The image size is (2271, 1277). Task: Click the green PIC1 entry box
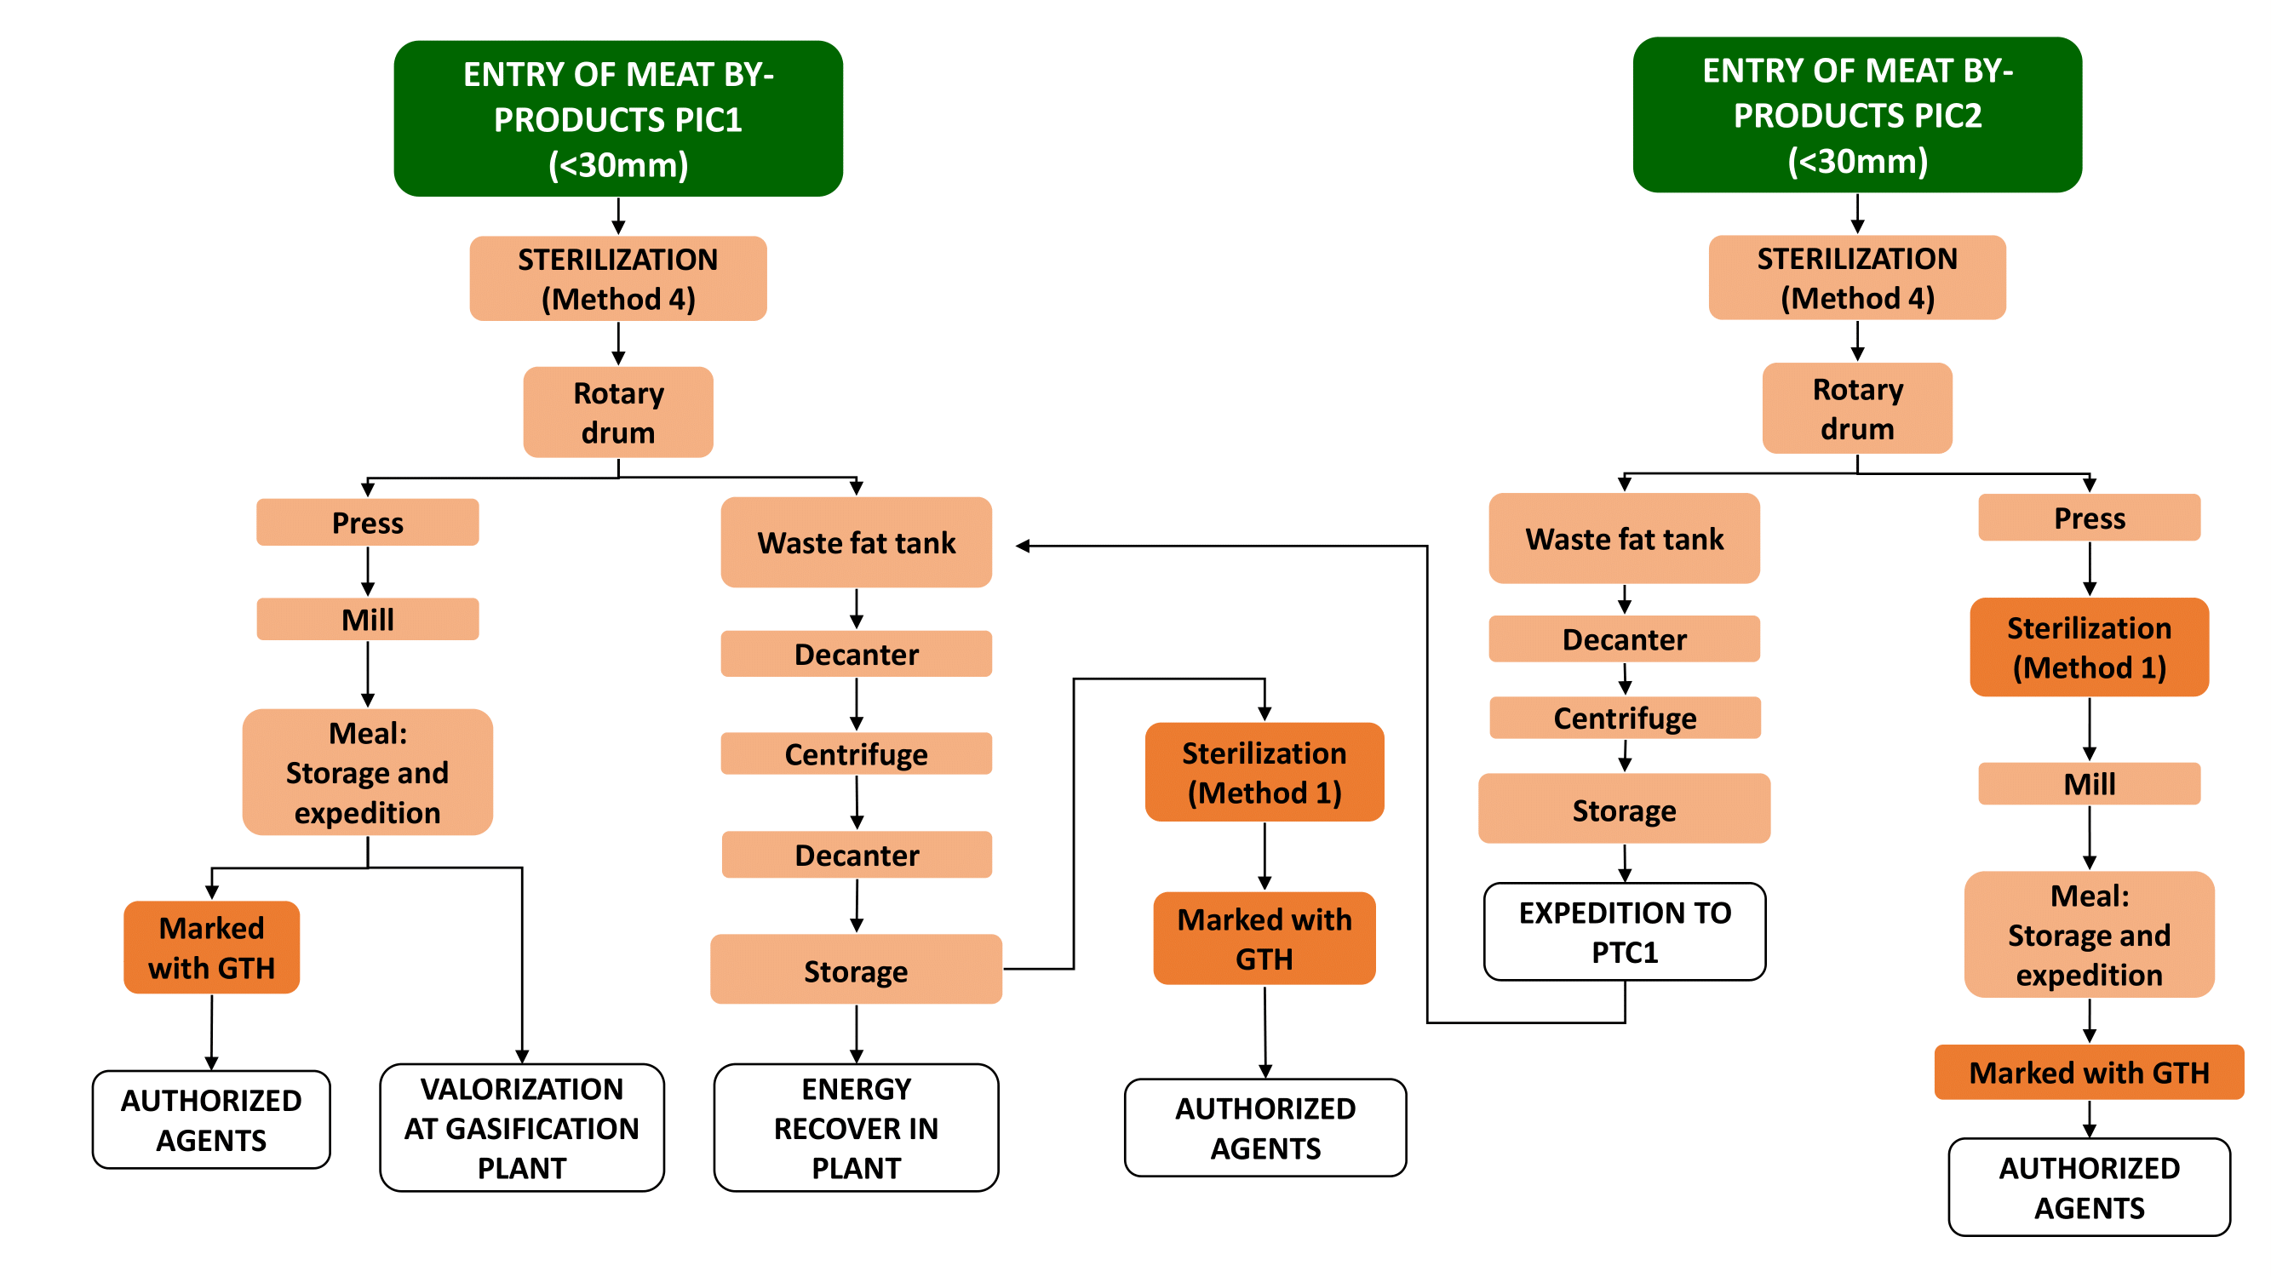618,118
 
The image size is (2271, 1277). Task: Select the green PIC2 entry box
1856,115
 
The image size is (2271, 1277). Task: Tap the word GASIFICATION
521,1128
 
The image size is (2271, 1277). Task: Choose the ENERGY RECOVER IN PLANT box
856,1127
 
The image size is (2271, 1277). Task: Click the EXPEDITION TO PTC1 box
1624,931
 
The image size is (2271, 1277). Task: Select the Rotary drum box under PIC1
618,411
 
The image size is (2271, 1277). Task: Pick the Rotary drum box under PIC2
1856,408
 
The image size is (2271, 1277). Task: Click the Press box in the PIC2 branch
2089,518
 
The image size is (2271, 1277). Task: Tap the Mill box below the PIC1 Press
368,619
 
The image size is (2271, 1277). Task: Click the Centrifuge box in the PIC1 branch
856,753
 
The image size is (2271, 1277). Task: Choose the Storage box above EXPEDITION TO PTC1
1624,809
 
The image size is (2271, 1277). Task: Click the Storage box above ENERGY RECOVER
856,970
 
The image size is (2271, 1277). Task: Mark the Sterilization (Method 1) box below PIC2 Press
2089,647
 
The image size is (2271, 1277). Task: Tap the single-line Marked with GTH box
2089,1072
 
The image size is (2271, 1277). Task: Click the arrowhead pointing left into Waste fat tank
1024,547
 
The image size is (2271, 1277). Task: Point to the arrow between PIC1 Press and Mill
368,572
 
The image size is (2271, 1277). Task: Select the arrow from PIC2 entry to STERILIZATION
1856,215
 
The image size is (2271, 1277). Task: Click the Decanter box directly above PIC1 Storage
856,854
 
